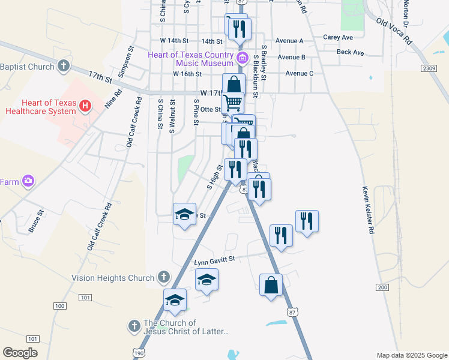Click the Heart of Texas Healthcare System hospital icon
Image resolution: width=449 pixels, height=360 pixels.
click(x=85, y=107)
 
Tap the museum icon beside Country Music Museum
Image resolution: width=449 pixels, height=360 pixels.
click(x=242, y=58)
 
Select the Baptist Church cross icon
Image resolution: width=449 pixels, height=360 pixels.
click(x=64, y=67)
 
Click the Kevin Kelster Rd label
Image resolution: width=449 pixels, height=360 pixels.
click(x=368, y=209)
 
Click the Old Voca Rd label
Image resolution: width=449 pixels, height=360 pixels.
click(x=394, y=31)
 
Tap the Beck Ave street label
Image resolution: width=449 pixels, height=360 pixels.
click(x=351, y=53)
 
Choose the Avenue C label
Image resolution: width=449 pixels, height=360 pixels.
click(x=299, y=73)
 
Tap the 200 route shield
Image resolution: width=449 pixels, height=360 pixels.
click(x=382, y=288)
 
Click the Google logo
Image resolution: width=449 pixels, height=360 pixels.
click(x=20, y=353)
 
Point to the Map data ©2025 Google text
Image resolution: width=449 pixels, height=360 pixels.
click(x=412, y=355)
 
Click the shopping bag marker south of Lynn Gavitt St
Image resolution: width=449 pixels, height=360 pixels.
click(x=271, y=286)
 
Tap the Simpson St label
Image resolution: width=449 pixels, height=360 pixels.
click(x=125, y=61)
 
